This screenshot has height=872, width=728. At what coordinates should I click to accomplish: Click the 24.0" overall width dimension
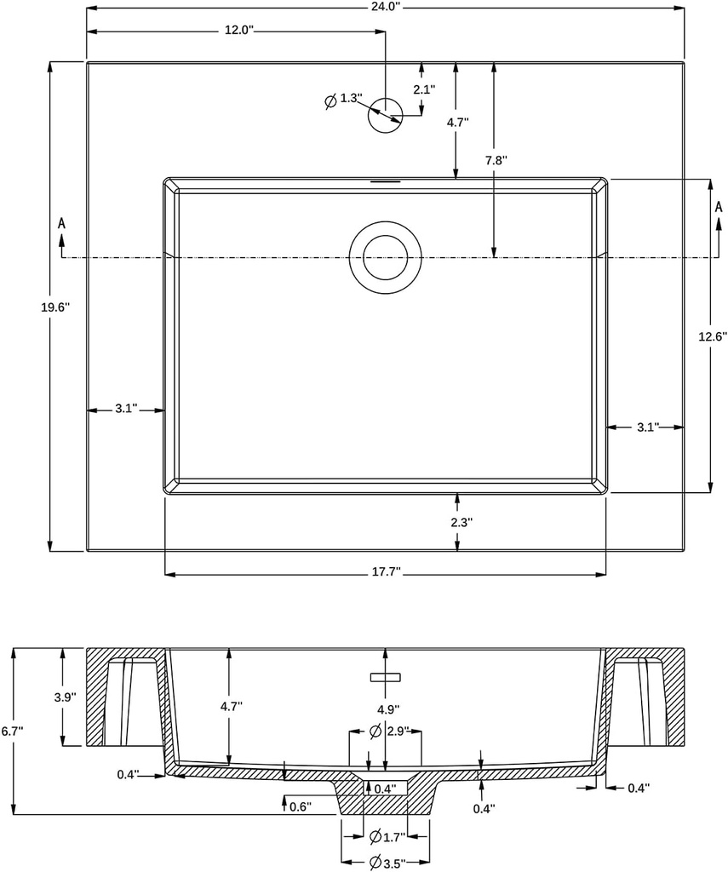386,7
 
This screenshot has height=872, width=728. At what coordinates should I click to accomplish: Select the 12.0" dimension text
239,31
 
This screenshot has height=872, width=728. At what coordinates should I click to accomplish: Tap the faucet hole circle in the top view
384,114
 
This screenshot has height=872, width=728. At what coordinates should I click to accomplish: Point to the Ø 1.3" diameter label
344,100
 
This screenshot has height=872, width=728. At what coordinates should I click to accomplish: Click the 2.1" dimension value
424,89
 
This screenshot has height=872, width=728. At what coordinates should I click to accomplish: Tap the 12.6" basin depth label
712,336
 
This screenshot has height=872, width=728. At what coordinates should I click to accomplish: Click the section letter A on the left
61,223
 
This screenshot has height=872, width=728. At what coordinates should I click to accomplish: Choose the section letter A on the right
718,207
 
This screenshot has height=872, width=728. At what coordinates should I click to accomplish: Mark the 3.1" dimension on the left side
126,410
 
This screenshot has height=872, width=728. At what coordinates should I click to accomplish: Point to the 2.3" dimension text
460,522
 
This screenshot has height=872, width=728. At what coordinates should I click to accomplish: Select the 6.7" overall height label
12,731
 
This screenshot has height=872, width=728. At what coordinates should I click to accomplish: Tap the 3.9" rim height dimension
64,697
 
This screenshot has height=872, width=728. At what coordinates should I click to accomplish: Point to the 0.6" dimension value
301,806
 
